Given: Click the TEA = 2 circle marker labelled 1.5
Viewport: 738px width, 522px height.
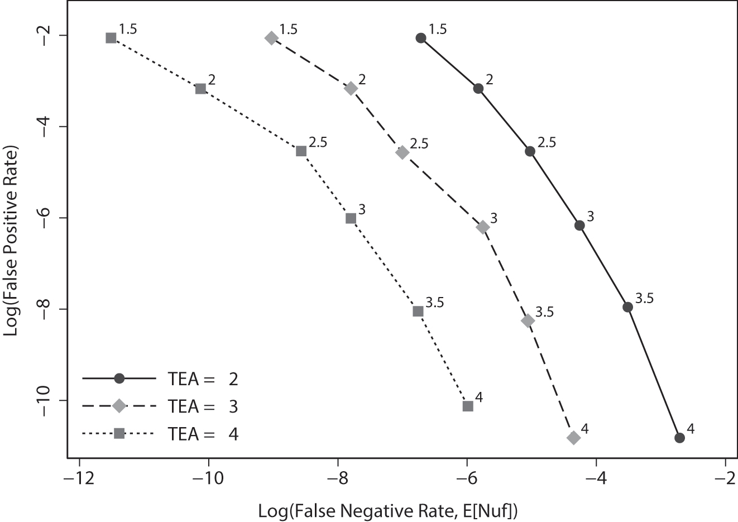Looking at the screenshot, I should pos(421,38).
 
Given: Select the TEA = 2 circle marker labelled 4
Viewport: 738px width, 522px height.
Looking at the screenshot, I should pos(679,438).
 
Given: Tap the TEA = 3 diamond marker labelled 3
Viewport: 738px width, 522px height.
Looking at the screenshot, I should pos(483,227).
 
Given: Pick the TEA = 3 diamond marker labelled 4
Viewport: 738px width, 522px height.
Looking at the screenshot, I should pos(573,438).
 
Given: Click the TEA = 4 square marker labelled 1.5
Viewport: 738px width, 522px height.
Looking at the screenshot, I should pos(111,38).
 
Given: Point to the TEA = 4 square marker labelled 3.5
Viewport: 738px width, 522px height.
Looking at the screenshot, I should pos(418,311).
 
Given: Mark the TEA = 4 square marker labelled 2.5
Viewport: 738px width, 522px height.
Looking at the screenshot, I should pos(301,151).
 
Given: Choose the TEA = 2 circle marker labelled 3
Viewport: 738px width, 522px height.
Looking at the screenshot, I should pos(579,226).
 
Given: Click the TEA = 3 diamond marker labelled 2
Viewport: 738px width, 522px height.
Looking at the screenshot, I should pos(351,88).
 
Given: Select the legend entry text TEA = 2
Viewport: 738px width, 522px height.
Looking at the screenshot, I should pos(203,379).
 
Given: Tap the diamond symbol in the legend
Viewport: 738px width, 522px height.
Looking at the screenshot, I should pos(119,406).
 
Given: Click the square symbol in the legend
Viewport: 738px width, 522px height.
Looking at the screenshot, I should pos(119,433).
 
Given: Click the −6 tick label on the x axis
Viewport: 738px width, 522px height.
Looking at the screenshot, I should pos(466,478).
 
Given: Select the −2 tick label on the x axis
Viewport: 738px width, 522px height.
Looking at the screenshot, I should pos(724,478).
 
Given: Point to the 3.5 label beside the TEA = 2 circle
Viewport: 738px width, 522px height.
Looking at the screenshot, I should pos(644,298).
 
